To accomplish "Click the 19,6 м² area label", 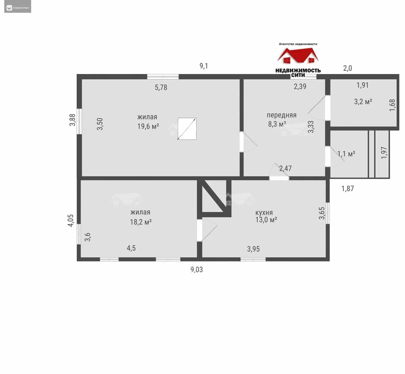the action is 148,126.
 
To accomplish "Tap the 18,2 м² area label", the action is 141,222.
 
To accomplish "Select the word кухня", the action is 264,213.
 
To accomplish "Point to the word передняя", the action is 282,115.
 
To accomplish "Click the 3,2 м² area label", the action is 363,102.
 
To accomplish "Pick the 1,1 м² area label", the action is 346,154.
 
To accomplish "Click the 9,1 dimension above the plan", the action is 204,66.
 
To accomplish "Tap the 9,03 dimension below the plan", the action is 196,270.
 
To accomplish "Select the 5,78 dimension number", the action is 161,87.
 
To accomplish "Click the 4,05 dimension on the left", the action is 71,220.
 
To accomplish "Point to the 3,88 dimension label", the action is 72,120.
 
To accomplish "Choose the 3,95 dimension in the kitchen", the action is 253,249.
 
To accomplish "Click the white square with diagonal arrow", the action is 187,129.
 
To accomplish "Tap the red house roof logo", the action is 298,55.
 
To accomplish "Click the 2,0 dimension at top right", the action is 347,68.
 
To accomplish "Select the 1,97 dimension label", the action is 384,153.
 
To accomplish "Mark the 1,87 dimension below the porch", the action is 348,189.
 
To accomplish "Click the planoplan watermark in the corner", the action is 18,8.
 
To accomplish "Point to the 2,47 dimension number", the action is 285,168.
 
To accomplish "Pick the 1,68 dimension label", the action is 392,105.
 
